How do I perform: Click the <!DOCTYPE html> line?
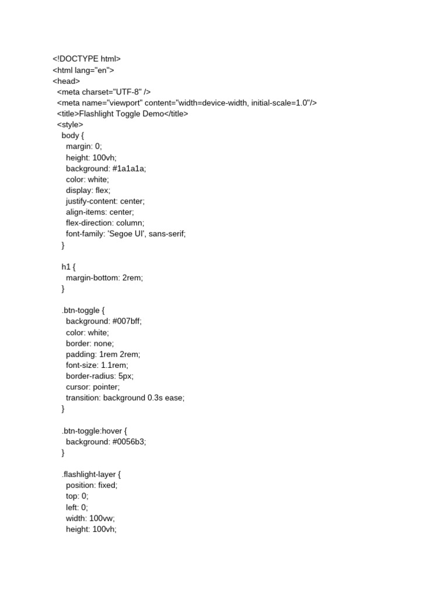86,59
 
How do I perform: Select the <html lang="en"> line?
83,70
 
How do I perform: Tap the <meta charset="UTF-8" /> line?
104,92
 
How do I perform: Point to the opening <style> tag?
70,125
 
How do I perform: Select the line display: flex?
88,190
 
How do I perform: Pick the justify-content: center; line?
105,201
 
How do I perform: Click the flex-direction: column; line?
105,223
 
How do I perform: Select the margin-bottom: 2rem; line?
104,278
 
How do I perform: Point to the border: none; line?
90,343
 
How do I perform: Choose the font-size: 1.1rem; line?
97,365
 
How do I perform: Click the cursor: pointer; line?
93,387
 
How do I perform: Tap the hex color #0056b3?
127,441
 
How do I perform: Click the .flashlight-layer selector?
87,474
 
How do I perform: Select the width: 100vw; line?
90,518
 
